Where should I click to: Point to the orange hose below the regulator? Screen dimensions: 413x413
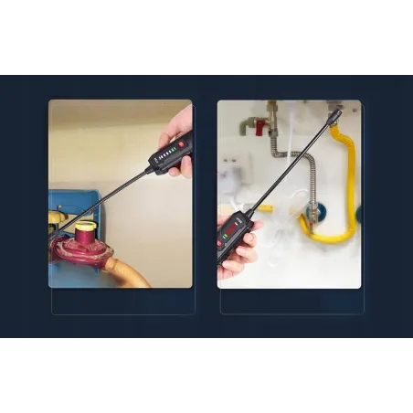125,272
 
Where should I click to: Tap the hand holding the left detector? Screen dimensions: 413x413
182,128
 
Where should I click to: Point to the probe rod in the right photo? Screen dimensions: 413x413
288,170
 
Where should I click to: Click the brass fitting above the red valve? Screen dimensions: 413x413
270,111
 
